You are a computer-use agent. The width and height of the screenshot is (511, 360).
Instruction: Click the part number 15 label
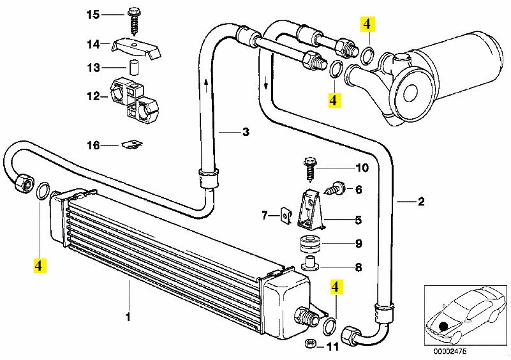tap(93, 15)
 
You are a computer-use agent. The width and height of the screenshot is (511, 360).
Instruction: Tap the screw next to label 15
tap(133, 21)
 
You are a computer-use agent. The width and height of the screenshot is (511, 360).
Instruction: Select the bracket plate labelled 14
tap(137, 48)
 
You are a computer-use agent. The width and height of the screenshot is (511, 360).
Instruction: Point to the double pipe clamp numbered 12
tap(134, 101)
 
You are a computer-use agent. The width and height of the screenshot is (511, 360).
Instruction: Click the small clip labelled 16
tap(132, 144)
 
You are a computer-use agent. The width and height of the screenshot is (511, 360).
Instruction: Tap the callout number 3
tap(246, 131)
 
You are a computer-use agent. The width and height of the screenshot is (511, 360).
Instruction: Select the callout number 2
tap(420, 202)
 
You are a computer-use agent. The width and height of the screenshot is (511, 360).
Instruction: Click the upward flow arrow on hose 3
tap(206, 85)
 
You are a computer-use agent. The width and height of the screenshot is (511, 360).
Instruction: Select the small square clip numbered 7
tap(285, 215)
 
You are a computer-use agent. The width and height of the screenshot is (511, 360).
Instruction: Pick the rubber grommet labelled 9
tap(310, 244)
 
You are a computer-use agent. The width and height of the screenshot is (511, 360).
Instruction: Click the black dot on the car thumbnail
tap(443, 326)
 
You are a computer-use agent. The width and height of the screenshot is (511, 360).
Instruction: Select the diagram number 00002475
tap(450, 351)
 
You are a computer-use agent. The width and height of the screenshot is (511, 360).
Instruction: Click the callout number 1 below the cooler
tap(128, 317)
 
